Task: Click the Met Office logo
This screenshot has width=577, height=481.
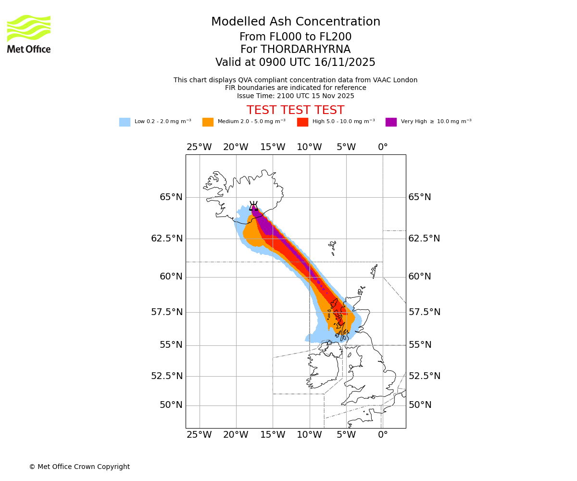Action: tap(29, 34)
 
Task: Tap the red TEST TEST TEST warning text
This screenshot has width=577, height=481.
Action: tap(295, 110)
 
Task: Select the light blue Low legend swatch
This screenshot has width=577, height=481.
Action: tap(125, 122)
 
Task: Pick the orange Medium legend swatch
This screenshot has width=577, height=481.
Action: tap(208, 122)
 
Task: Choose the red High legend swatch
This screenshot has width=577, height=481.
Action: tap(302, 122)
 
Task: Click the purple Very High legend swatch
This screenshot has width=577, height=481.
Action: tap(391, 122)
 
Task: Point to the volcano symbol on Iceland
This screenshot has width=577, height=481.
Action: tap(253, 206)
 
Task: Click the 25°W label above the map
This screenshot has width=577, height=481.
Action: tap(199, 147)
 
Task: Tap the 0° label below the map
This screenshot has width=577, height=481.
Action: tap(383, 435)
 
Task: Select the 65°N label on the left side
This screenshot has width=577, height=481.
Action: tap(171, 197)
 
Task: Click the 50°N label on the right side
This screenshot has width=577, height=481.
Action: tap(420, 405)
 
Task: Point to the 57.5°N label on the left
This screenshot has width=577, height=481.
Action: tap(167, 312)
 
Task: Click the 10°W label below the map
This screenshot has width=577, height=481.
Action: tap(309, 435)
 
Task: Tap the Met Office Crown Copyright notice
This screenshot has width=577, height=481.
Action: tap(79, 467)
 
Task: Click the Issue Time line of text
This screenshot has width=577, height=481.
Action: tap(295, 96)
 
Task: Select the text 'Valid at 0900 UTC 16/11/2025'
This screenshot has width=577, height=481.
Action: tap(295, 63)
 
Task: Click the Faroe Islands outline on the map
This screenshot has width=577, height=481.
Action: tap(332, 248)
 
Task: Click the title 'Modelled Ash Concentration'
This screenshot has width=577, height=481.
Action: tap(295, 22)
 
